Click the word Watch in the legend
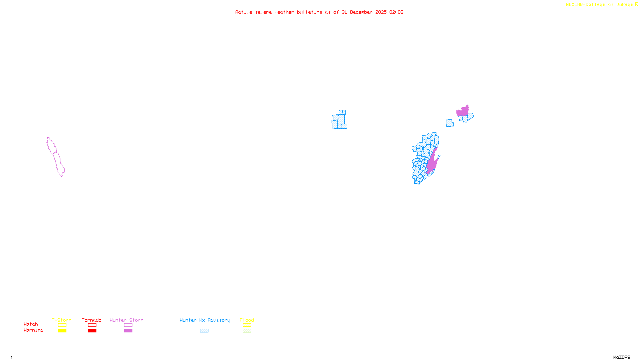[x=31, y=324]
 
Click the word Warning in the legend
[x=33, y=330]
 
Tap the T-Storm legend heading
[x=62, y=320]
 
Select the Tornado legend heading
[x=92, y=320]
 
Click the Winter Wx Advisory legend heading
[x=205, y=320]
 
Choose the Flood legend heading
[x=247, y=320]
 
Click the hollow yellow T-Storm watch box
[x=62, y=325]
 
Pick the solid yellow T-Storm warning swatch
[x=62, y=331]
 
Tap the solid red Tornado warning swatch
[x=92, y=331]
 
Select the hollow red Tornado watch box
[x=92, y=325]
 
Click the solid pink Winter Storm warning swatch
[x=128, y=331]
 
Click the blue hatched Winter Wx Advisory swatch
[x=204, y=331]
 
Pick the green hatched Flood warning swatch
[x=247, y=331]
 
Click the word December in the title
[x=361, y=12]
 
